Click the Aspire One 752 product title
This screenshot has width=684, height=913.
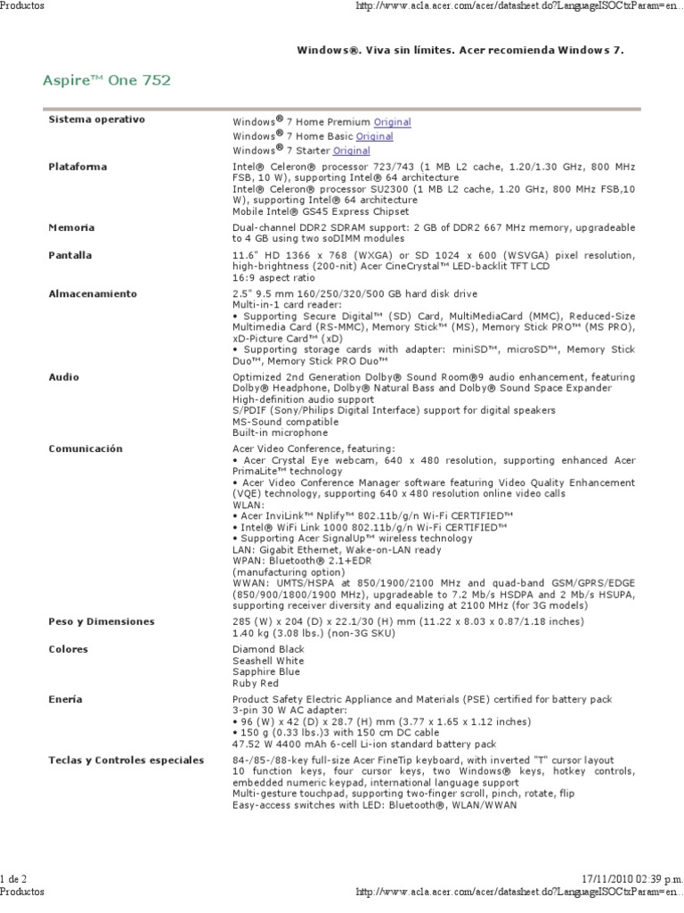pyautogui.click(x=106, y=81)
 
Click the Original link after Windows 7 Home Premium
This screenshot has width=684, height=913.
pyautogui.click(x=392, y=121)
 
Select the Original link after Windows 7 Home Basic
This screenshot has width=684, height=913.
pyautogui.click(x=374, y=136)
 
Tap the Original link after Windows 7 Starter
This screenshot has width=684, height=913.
pyautogui.click(x=351, y=151)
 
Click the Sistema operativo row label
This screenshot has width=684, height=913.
pyautogui.click(x=96, y=119)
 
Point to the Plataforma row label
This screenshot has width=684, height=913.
pyautogui.click(x=77, y=167)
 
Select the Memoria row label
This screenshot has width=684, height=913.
pyautogui.click(x=72, y=228)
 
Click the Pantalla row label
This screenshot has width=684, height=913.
pyautogui.click(x=70, y=255)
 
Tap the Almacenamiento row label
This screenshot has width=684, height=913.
pyautogui.click(x=93, y=293)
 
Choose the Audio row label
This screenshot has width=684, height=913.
pyautogui.click(x=63, y=377)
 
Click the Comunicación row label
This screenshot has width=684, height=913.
pyautogui.click(x=85, y=448)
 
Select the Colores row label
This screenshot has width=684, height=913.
pyautogui.click(x=69, y=649)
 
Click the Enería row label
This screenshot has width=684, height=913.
pyautogui.click(x=65, y=700)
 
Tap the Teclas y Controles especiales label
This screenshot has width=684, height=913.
pyautogui.click(x=126, y=760)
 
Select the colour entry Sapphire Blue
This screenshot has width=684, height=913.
pyautogui.click(x=266, y=671)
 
